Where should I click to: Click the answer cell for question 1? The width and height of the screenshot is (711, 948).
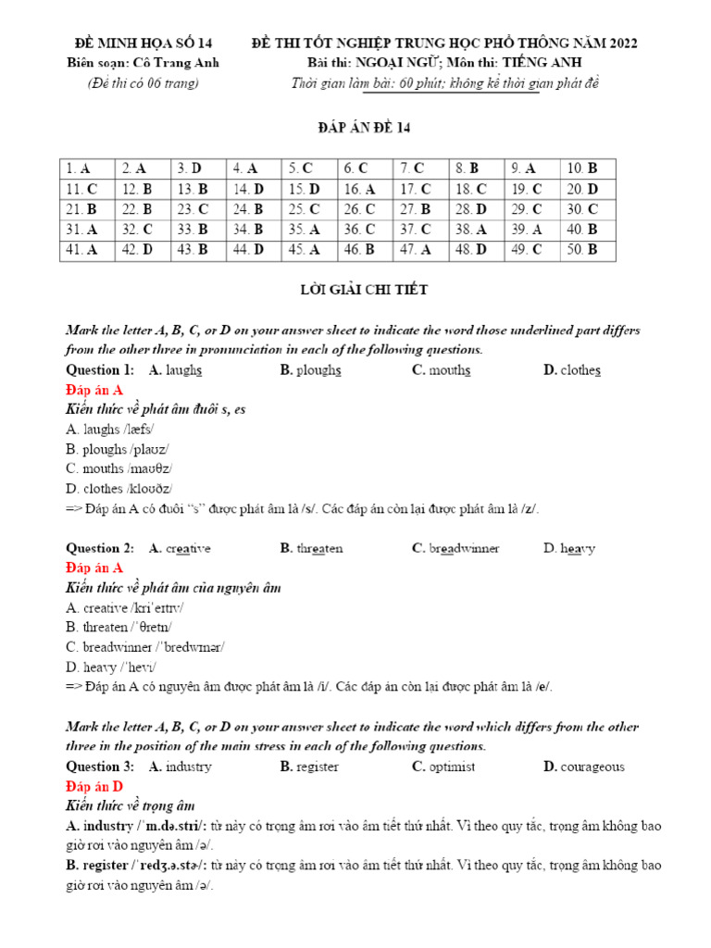coord(87,168)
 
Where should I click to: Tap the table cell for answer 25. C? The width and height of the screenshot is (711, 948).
coord(309,209)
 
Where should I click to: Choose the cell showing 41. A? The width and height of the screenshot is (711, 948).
coord(87,249)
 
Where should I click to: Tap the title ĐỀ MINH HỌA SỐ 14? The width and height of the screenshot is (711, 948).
coord(143,44)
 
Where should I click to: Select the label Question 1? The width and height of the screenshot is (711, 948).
coord(100,370)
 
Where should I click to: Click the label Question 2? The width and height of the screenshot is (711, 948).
coord(100,548)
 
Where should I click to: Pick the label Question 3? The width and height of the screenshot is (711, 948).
coord(100,767)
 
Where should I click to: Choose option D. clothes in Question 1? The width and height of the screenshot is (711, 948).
coord(572,370)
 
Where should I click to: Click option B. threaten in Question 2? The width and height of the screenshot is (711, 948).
coord(311,548)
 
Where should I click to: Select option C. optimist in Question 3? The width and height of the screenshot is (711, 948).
coord(443,767)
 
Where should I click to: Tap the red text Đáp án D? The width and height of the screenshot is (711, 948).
coord(94,786)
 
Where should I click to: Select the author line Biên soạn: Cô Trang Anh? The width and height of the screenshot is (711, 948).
coord(143,63)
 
